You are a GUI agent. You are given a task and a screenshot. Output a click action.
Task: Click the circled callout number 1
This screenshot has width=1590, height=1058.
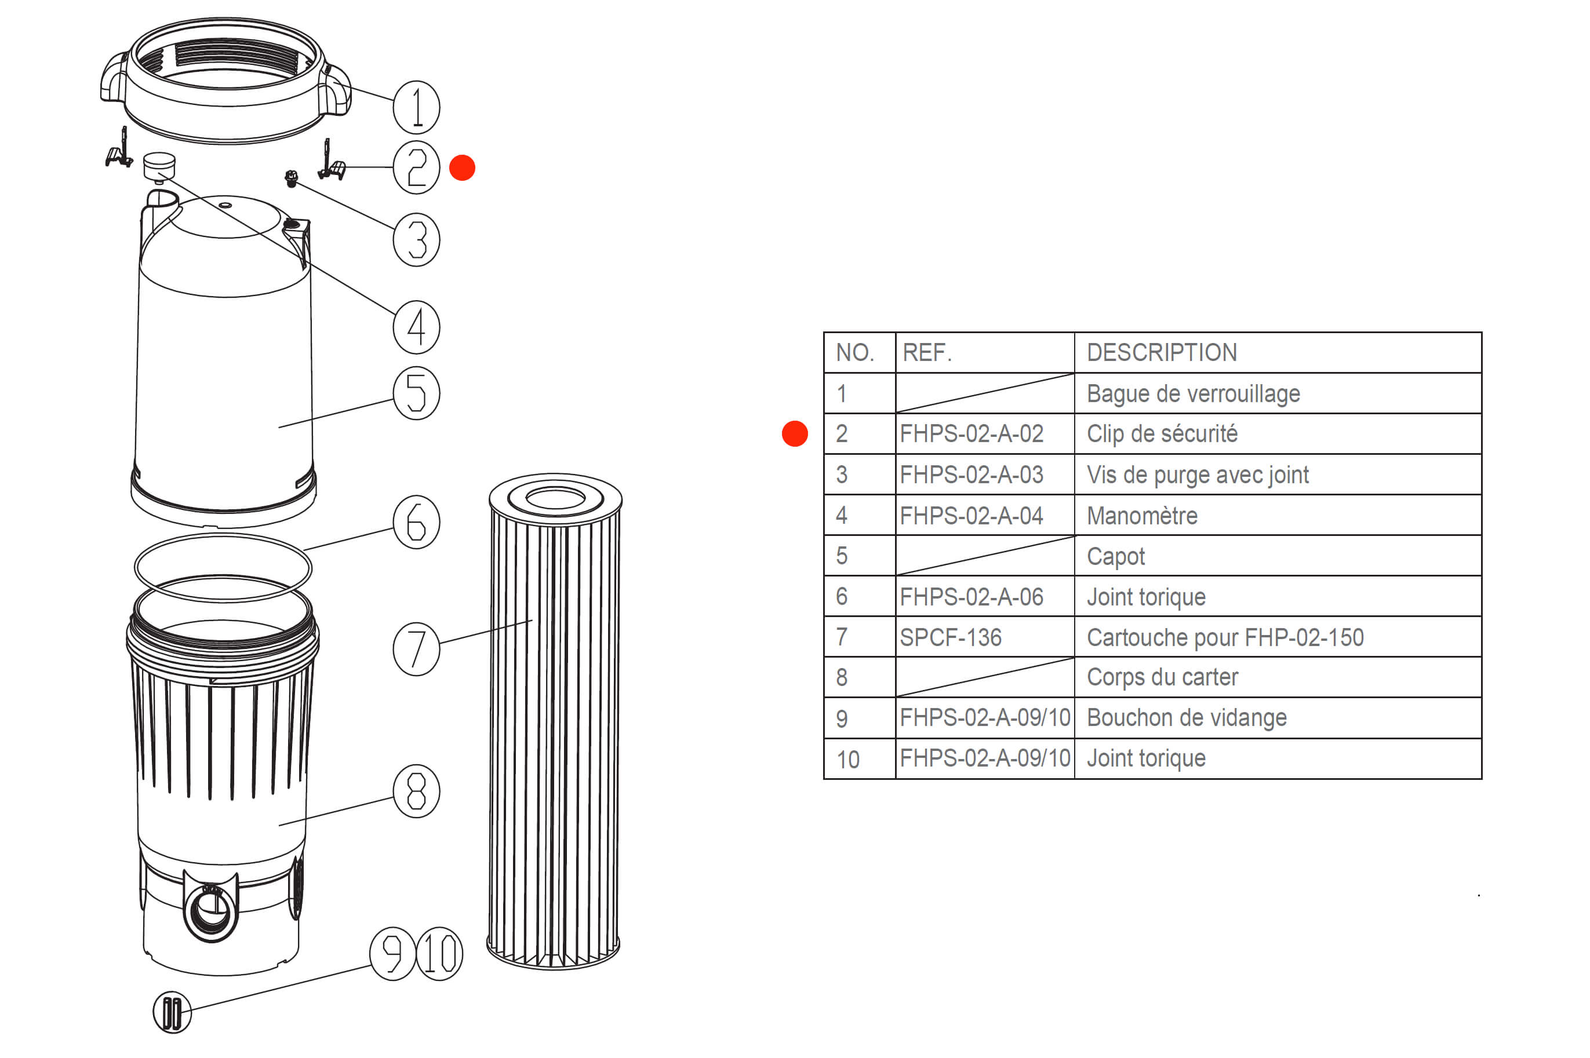point(416,107)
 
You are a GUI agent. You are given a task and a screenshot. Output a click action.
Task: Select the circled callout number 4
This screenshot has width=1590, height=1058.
point(416,327)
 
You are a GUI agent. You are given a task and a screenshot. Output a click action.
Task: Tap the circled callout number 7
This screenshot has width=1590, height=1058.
point(416,649)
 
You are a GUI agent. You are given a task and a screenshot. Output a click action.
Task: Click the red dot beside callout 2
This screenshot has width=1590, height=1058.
point(463,167)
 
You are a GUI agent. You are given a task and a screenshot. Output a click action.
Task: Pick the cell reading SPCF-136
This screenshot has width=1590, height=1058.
point(950,637)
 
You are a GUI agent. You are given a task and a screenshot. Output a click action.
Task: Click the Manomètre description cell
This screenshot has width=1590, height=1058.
point(1142,516)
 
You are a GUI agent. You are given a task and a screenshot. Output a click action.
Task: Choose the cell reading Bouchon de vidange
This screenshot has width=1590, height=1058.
point(1187,718)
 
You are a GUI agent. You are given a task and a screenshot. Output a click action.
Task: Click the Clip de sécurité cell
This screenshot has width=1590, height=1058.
point(1162,434)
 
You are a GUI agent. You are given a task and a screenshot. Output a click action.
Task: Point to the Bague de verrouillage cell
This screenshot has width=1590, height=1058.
point(1192,393)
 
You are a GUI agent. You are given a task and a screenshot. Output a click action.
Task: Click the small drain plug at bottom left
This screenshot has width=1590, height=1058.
point(172,1013)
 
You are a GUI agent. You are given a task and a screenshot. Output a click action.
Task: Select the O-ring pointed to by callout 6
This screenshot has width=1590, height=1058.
point(223,567)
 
